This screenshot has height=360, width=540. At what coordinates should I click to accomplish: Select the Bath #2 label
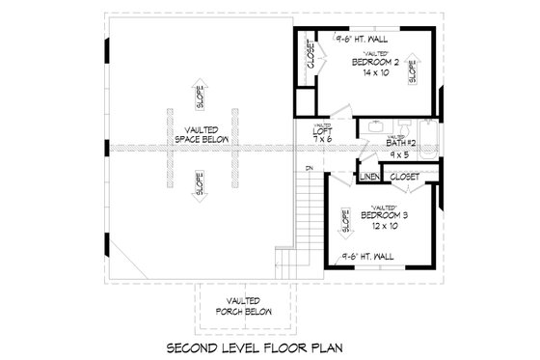pyautogui.click(x=374, y=143)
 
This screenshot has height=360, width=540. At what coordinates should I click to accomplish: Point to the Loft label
pyautogui.click(x=322, y=130)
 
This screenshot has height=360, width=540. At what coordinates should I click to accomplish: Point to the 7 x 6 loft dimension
pyautogui.click(x=322, y=141)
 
